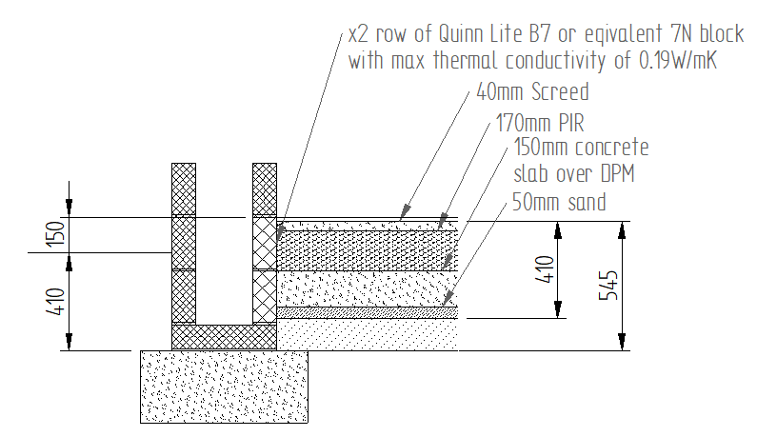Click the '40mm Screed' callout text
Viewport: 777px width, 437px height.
coord(532,91)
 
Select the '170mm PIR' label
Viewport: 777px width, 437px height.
coord(540,123)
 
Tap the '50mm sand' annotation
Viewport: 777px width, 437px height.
coord(559,202)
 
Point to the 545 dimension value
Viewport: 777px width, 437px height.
coord(609,286)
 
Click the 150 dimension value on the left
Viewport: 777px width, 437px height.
coord(57,234)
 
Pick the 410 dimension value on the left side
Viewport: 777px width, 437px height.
coord(56,301)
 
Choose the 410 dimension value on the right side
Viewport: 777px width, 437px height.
coord(545,269)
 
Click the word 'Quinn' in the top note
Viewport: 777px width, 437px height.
coord(460,34)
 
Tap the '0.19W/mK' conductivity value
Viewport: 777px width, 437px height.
coord(678,60)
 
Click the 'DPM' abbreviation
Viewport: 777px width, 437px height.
coord(617,174)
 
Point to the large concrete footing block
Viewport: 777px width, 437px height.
coord(224,387)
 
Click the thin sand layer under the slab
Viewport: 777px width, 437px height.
coord(367,312)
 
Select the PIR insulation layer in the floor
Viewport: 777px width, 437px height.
coord(367,250)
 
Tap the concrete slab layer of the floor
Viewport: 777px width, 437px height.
coord(367,288)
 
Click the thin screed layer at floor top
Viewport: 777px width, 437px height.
coord(367,226)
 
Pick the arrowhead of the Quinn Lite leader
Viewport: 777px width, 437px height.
coord(280,232)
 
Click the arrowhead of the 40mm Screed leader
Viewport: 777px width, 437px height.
coord(405,211)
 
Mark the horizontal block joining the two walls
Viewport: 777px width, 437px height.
coord(224,337)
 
